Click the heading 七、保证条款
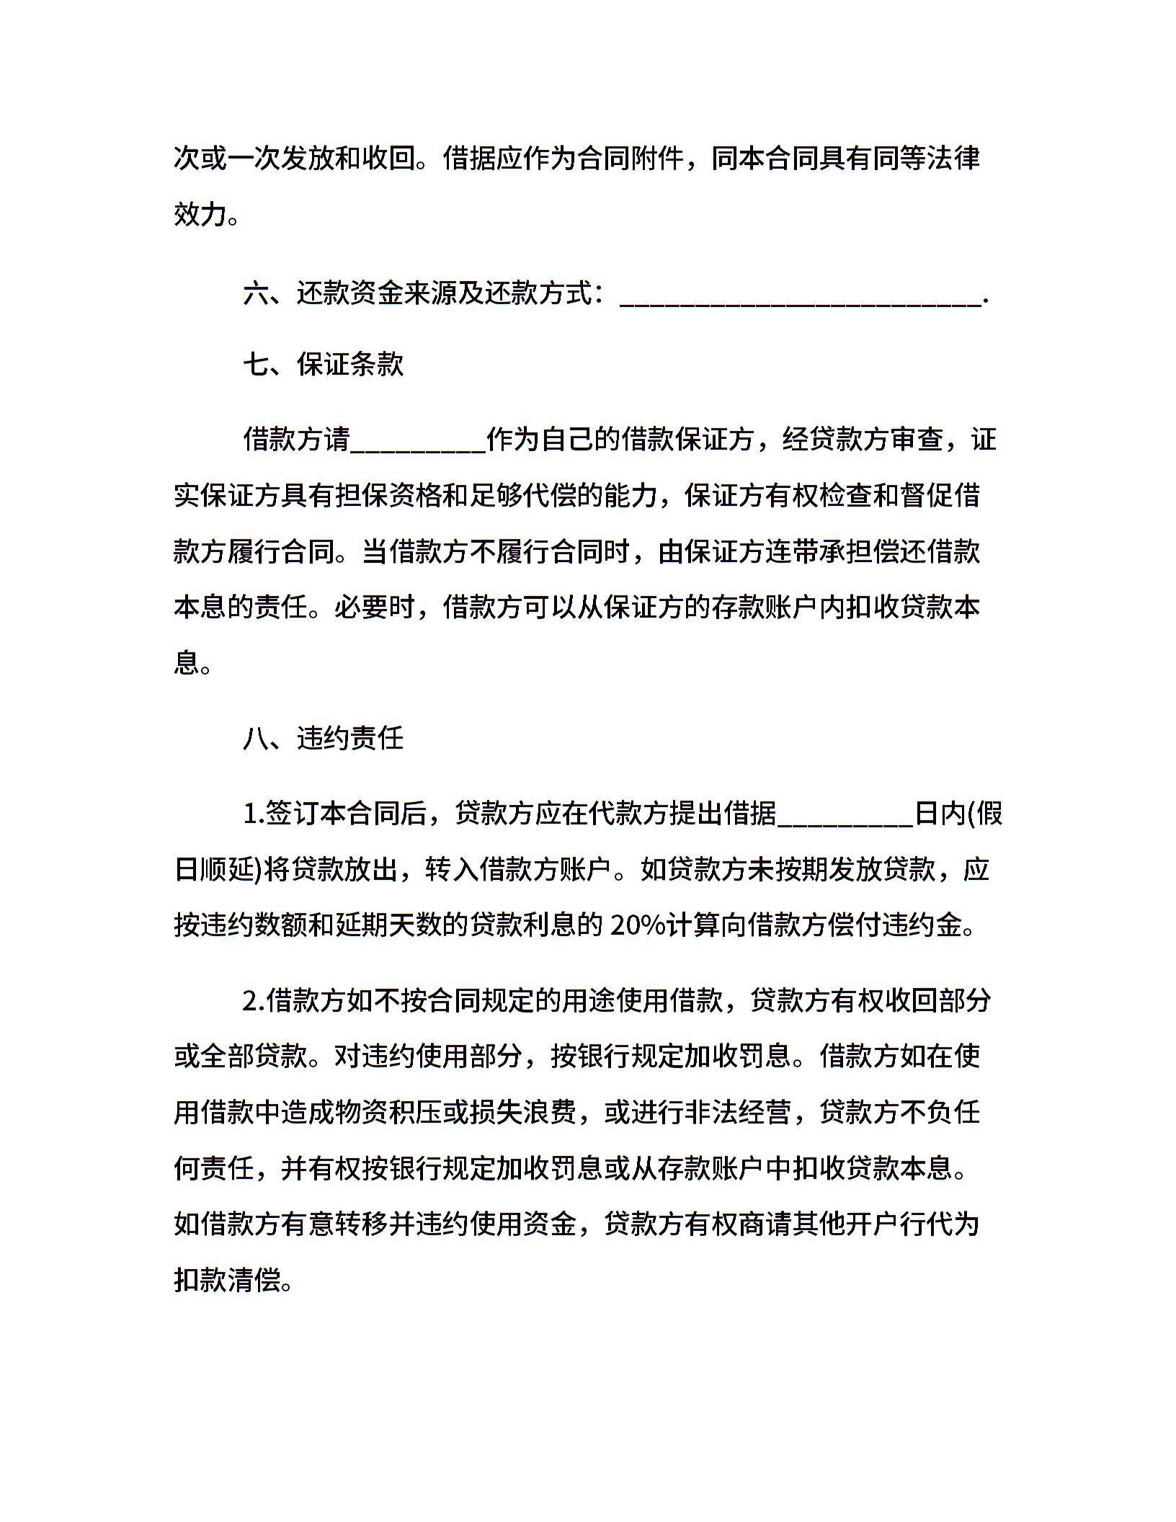(x=323, y=365)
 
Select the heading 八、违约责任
(x=323, y=739)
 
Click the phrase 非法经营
(x=738, y=1113)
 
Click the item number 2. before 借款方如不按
(x=254, y=1001)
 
